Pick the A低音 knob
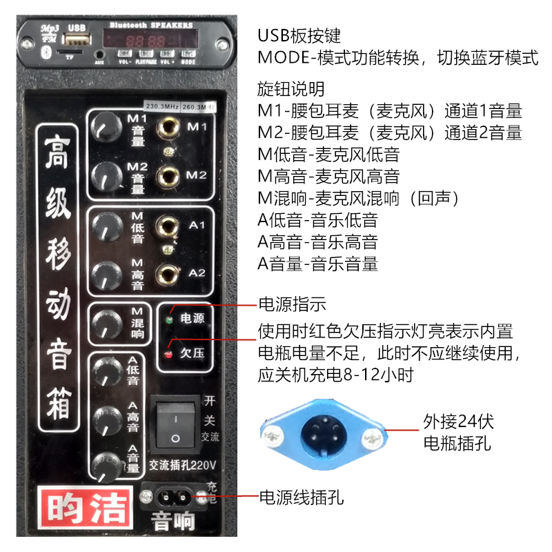pos(107,372)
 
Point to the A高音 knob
pos(107,419)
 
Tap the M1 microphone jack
pos(168,127)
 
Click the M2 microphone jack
pos(168,174)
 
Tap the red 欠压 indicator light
pos(168,355)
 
